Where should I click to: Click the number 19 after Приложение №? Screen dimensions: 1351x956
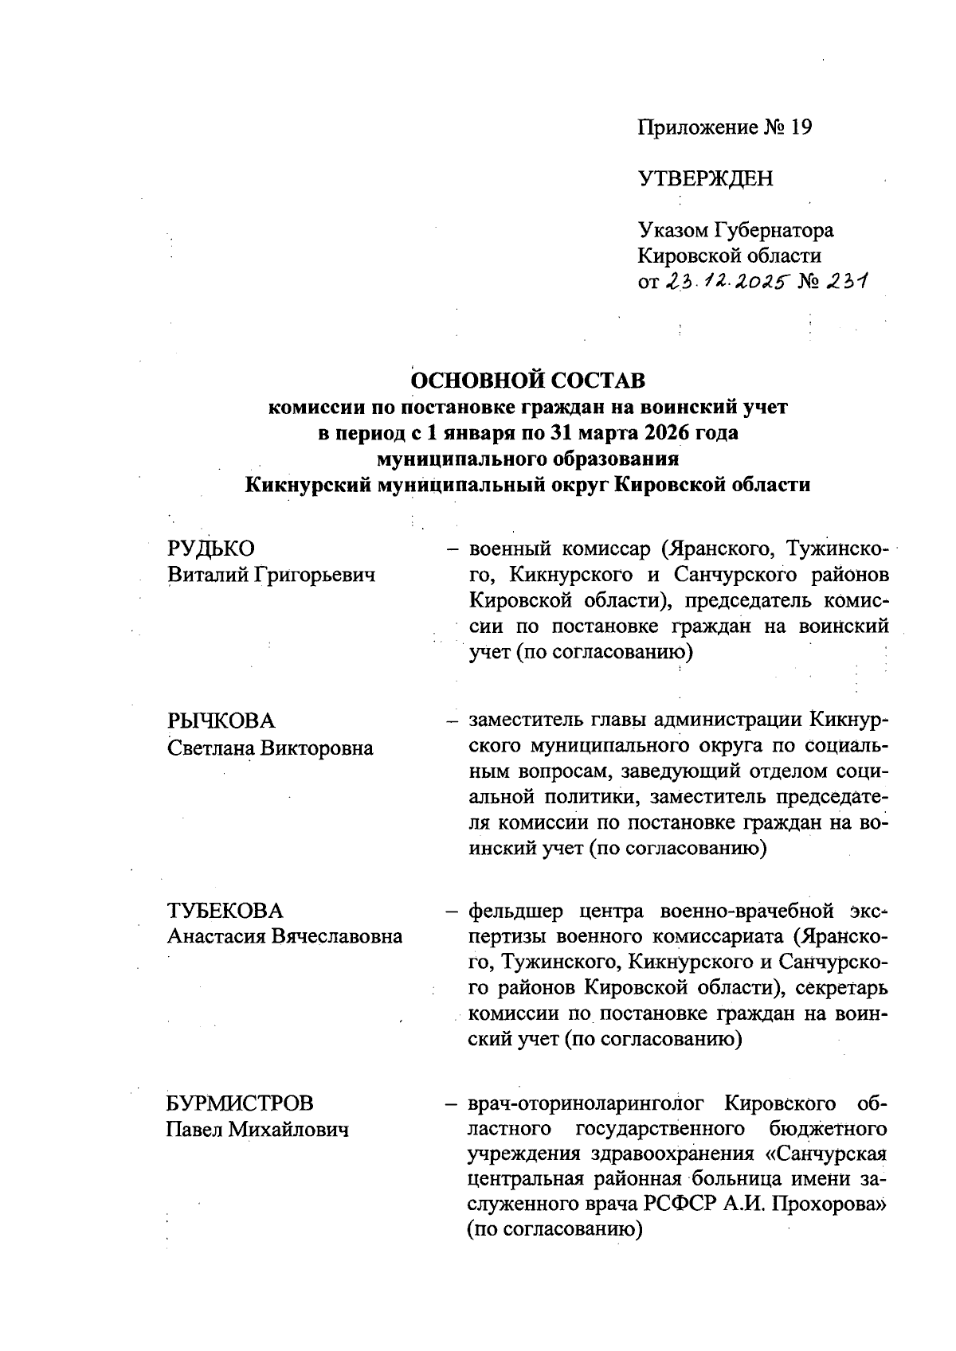800,127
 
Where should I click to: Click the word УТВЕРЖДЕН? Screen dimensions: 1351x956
705,178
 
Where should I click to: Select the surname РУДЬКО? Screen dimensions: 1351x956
211,549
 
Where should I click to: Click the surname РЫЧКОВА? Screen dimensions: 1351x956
221,720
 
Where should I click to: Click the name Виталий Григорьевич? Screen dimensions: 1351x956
271,574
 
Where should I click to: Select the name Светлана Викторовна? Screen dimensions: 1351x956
270,748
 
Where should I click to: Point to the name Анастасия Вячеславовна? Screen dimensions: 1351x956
284,936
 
